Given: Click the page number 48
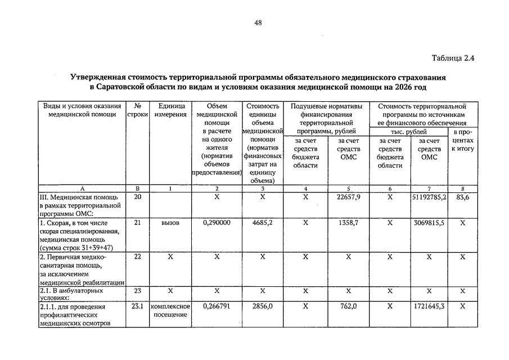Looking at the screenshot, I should pos(258,22).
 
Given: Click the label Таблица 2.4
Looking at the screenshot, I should pos(454,58).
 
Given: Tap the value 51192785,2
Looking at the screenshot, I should pos(429,197).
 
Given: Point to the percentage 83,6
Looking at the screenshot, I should pos(463,197).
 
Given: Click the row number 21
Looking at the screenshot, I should pos(137,223).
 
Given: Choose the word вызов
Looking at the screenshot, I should pos(170,223).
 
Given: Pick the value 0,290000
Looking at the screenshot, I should pos(217,223).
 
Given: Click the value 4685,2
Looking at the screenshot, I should pos(262,223).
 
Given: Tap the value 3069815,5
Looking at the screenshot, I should pos(429,223).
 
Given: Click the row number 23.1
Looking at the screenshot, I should pos(138,307).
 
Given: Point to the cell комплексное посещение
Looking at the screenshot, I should pos(171,310).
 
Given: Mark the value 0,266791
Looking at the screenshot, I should pos(217,307).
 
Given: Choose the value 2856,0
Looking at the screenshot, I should pos(262,307).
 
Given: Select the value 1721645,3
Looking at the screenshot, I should pos(429,307).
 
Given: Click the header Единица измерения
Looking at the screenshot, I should pos(171,110).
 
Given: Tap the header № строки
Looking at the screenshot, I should pos(137,110).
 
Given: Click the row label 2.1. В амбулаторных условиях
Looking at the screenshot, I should pos(71,295).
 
